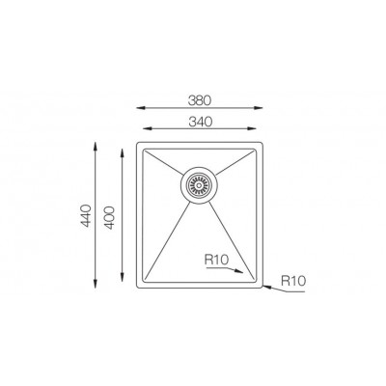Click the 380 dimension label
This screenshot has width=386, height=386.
point(200,100)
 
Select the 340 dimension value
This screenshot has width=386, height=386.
point(200,122)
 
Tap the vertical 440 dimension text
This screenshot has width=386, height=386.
point(86,215)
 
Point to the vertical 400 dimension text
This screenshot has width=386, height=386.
point(109,218)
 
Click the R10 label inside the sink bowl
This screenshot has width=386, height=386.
point(216,260)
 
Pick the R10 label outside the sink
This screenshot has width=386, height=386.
point(293,281)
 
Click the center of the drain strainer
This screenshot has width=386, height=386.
point(199,185)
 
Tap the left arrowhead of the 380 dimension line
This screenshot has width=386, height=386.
point(140,108)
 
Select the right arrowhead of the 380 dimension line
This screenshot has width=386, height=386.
point(260,108)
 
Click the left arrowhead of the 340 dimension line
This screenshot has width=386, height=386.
point(147,128)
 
